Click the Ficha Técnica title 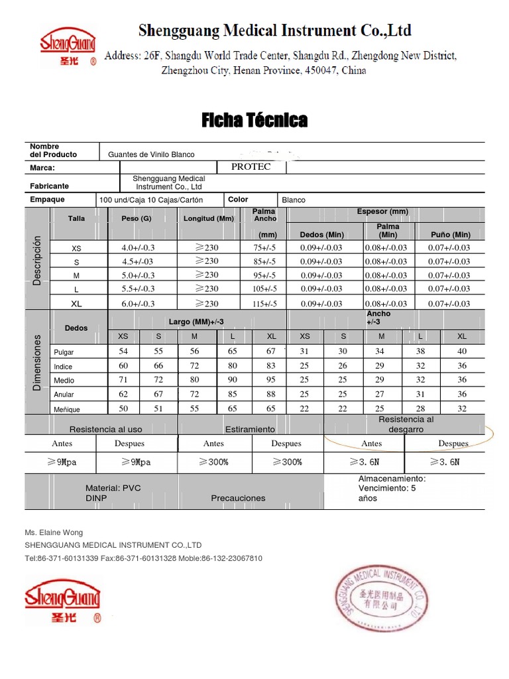(254, 120)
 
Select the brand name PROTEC (251, 167)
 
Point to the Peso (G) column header (137, 218)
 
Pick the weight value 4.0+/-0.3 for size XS (138, 248)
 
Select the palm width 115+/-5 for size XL (264, 304)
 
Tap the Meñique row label (66, 410)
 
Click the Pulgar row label (64, 353)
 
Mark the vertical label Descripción (37, 261)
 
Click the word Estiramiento (250, 430)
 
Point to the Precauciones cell (238, 498)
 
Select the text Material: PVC (113, 488)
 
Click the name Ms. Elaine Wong (54, 532)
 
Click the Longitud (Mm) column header (209, 218)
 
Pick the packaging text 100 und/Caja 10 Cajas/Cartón (150, 200)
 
